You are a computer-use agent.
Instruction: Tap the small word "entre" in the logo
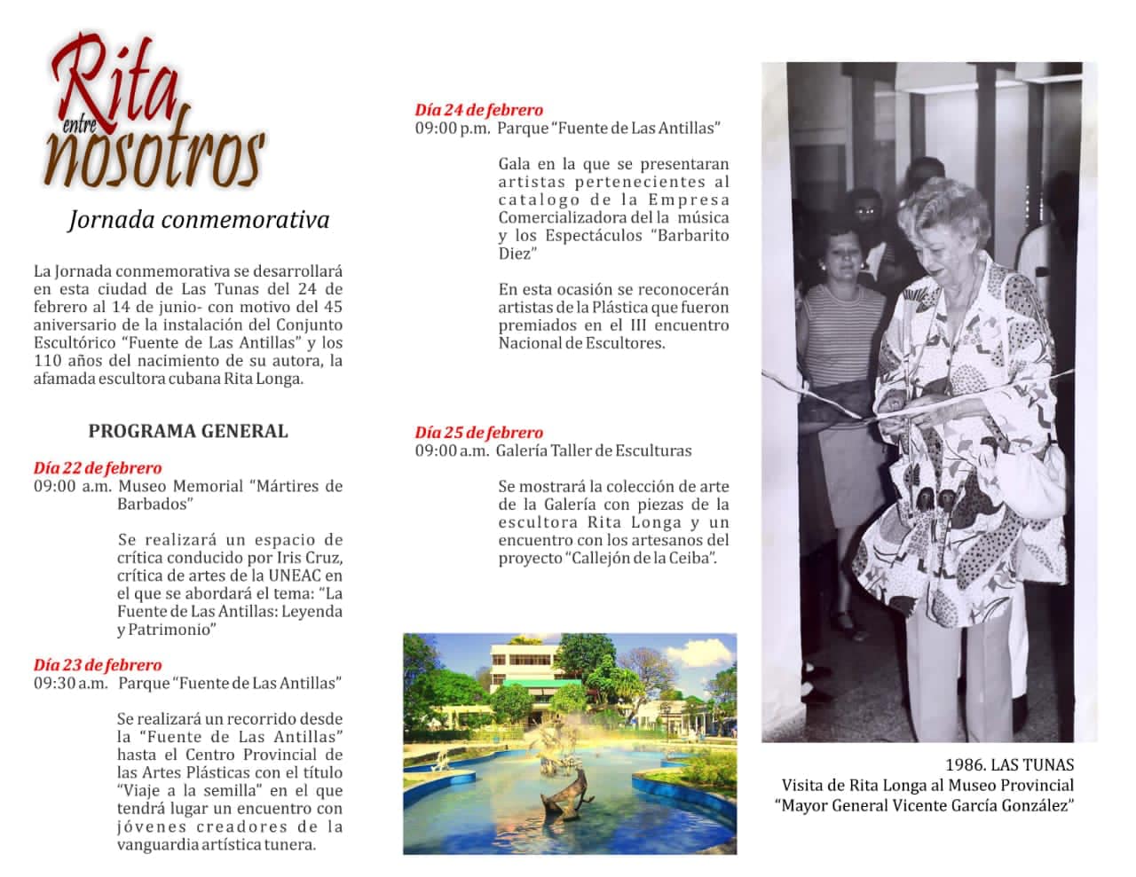click(x=79, y=128)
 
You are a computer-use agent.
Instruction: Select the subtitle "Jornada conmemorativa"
click(x=198, y=220)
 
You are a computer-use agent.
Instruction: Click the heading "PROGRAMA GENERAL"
click(x=188, y=431)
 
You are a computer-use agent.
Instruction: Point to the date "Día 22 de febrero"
click(x=98, y=467)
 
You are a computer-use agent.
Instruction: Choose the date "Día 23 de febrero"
click(x=98, y=665)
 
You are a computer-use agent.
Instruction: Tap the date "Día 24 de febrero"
click(x=479, y=110)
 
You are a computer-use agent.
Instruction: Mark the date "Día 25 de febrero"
click(x=479, y=433)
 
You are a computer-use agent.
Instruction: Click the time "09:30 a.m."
click(x=71, y=684)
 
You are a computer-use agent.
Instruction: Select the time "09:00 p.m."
click(x=453, y=129)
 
